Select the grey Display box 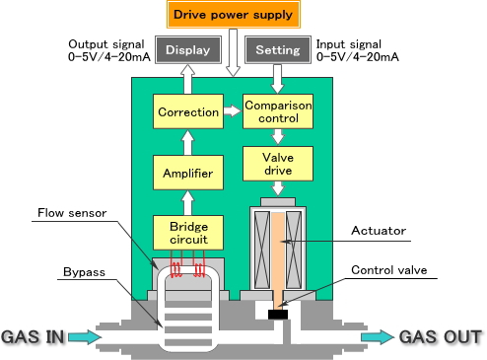click(x=187, y=50)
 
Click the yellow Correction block click(x=187, y=112)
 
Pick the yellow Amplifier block click(x=187, y=173)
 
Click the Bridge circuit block click(x=187, y=232)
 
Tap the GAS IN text click(x=33, y=337)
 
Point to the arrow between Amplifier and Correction click(x=187, y=143)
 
